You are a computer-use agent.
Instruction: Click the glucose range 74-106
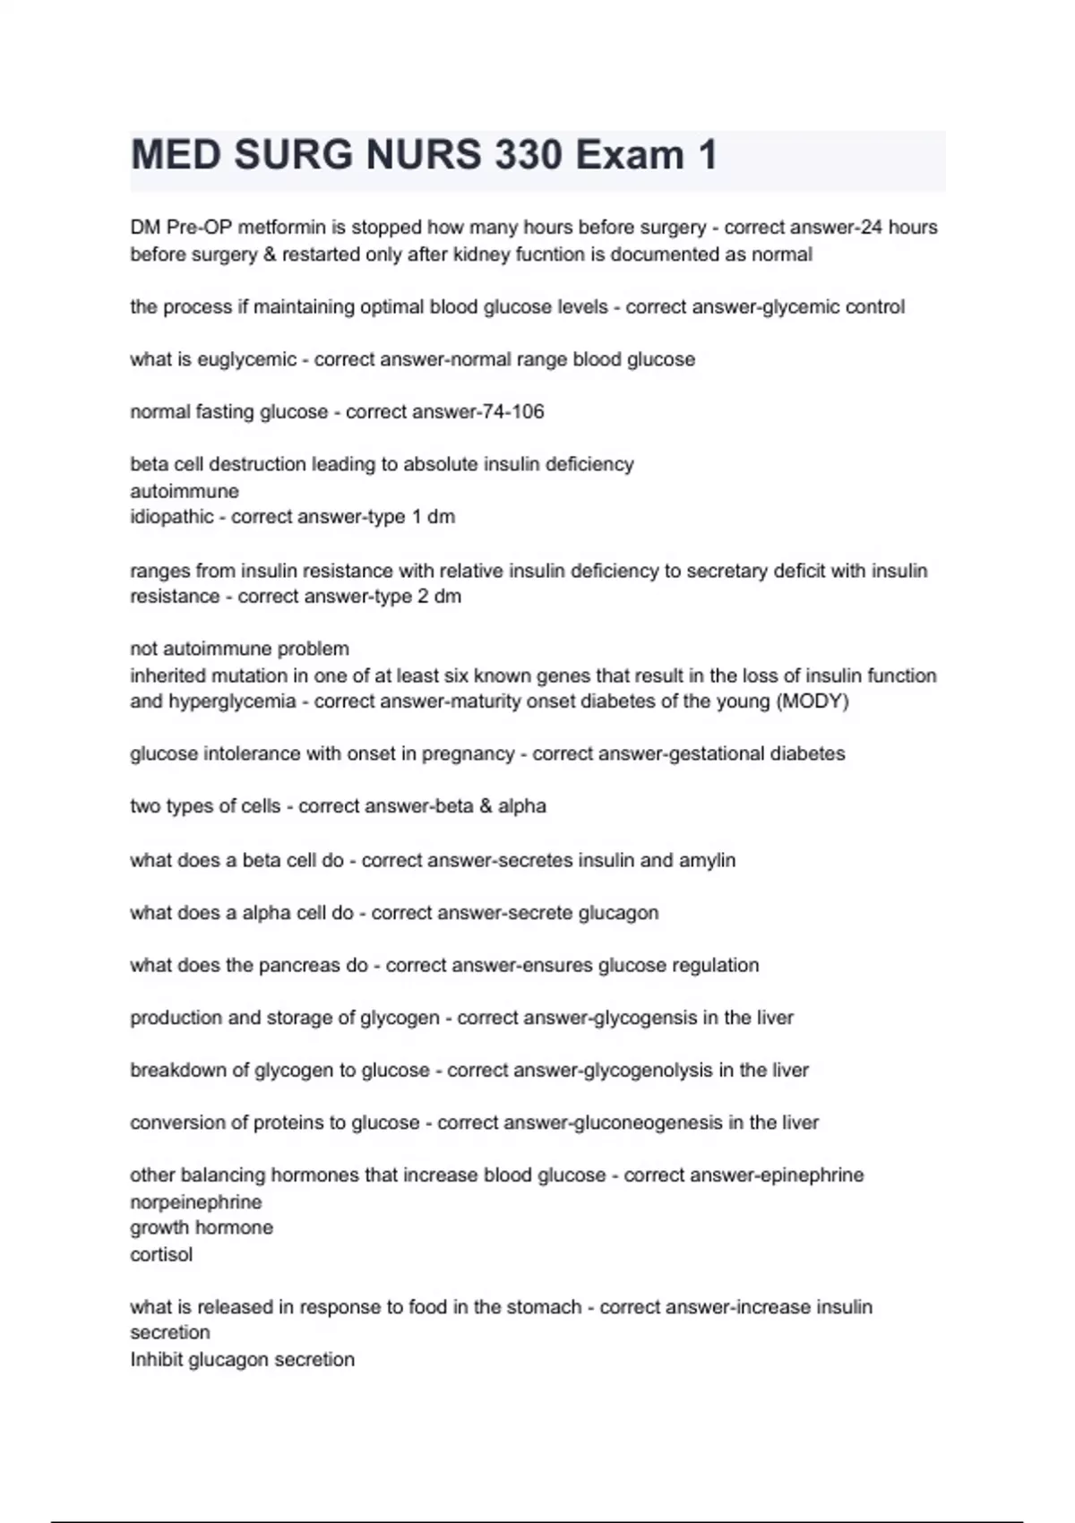(513, 412)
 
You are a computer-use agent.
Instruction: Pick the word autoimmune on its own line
(185, 491)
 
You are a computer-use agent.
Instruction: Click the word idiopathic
(172, 517)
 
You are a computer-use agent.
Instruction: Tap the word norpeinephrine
(196, 1202)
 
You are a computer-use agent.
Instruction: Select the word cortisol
(161, 1255)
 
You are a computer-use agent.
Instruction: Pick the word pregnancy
(466, 754)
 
